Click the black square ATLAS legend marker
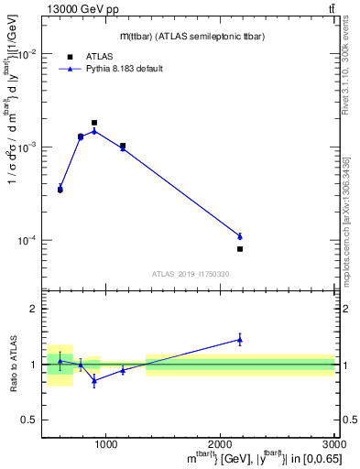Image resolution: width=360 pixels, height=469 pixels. [x=71, y=56]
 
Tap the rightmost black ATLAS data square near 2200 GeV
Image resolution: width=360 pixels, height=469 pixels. [x=240, y=249]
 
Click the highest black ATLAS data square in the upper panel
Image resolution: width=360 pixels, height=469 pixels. [x=94, y=123]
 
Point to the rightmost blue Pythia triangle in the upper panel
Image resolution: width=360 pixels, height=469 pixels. [x=240, y=236]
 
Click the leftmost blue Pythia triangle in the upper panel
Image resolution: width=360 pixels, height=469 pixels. [x=60, y=188]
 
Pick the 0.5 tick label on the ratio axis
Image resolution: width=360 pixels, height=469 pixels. [x=30, y=420]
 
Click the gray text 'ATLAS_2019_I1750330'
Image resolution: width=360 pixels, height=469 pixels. [x=190, y=274]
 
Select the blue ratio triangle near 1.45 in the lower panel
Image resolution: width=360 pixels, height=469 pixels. [x=240, y=340]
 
